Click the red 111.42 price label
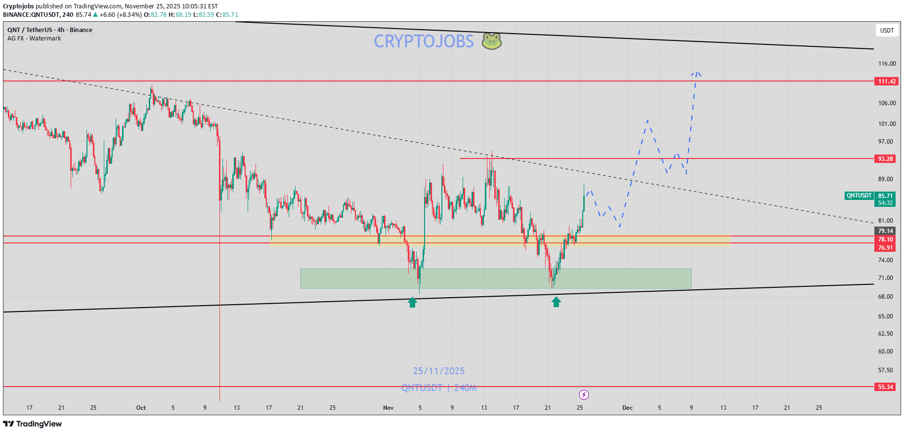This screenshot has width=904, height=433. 886,81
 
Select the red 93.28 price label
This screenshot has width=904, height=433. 885,159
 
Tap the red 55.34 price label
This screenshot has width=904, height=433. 885,387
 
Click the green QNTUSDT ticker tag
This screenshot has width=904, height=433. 859,196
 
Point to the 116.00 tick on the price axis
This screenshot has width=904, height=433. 887,64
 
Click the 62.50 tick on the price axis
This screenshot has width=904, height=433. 885,334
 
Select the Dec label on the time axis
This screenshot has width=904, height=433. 627,408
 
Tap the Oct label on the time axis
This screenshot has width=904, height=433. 141,408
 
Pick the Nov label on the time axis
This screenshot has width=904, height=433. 388,408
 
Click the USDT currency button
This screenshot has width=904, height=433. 887,31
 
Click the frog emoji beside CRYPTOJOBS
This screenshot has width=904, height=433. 492,41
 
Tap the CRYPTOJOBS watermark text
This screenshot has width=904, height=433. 424,41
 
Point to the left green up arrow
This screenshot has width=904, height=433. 412,302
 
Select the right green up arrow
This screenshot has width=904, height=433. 556,302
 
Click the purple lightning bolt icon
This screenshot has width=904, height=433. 584,394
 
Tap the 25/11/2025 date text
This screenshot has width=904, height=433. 439,371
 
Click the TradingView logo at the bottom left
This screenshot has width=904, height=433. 33,424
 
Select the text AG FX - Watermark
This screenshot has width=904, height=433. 34,39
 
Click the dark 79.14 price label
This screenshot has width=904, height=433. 885,231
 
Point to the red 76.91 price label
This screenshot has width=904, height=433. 885,248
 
